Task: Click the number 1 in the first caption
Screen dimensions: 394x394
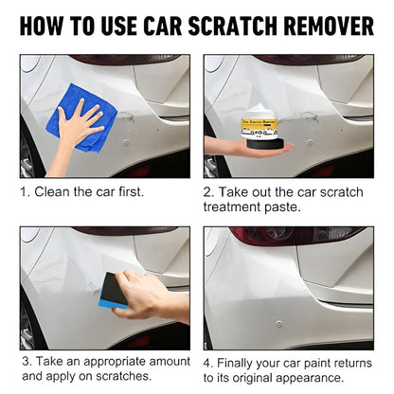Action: pos(25,190)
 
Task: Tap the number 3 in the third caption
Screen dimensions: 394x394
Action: pos(25,362)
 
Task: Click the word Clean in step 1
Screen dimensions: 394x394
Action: pos(54,190)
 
